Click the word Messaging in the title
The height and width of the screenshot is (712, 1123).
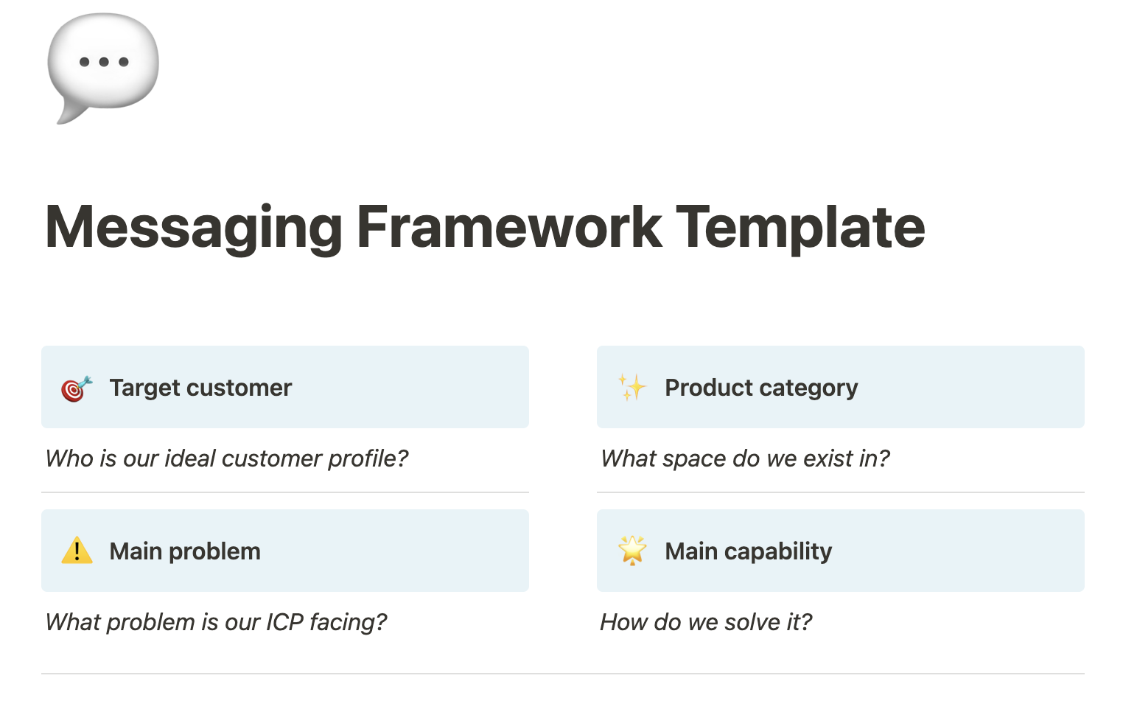[x=194, y=228]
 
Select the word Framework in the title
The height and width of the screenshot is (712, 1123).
[x=508, y=228]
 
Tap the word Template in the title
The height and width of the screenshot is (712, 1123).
[x=800, y=228]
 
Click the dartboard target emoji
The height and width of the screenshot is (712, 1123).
[x=77, y=388]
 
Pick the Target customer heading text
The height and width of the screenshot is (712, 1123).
[x=200, y=388]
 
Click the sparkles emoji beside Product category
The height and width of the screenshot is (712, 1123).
[x=632, y=388]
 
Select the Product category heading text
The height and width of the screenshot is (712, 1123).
[x=761, y=388]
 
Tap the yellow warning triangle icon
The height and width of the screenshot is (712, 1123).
[x=77, y=551]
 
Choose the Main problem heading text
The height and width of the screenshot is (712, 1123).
[x=185, y=551]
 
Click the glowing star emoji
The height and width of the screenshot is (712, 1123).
[x=632, y=551]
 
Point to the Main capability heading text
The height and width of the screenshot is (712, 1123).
[x=748, y=551]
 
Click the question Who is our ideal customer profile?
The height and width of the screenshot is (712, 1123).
[x=227, y=458]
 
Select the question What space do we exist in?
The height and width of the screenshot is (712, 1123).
[x=745, y=458]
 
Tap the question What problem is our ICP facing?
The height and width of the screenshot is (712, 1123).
[x=216, y=622]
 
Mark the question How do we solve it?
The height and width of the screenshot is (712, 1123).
[x=706, y=622]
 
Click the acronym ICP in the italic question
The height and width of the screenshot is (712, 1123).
[x=284, y=622]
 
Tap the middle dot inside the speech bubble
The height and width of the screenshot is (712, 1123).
[x=104, y=62]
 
